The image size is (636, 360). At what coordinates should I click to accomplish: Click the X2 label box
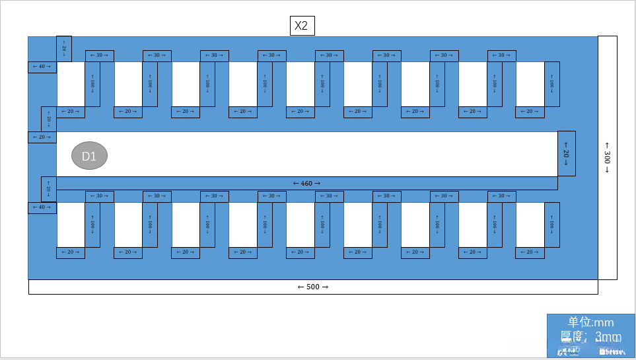point(302,26)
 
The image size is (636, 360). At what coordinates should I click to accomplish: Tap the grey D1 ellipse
point(89,156)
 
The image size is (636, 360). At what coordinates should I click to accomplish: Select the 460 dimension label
point(306,183)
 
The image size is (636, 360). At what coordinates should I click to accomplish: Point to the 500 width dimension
point(312,287)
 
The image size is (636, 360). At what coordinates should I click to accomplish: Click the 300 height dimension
point(607,157)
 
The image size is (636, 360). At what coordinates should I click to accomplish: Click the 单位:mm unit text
point(590,322)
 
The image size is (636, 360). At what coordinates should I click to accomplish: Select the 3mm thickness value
point(608,337)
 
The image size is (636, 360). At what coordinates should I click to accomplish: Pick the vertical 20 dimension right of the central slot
point(566,153)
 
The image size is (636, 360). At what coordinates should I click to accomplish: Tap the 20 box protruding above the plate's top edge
point(64,49)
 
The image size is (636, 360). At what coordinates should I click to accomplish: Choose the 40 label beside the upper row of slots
point(42,67)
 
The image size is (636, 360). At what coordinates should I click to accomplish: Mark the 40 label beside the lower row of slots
point(42,208)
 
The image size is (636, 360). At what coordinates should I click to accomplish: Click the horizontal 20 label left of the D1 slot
point(42,137)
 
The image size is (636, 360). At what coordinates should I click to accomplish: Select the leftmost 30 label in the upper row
point(99,55)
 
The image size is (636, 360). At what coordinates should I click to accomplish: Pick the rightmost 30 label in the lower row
point(501,196)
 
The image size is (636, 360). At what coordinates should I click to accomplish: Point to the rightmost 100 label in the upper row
point(551,84)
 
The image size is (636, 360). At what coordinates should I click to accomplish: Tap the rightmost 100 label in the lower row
point(551,225)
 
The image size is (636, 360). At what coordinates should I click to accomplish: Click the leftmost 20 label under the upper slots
point(70,112)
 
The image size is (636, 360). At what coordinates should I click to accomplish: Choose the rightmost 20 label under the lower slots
point(530,252)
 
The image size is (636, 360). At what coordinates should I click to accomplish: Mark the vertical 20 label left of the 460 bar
point(48,189)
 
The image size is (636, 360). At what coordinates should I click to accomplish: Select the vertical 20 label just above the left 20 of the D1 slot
point(48,120)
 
